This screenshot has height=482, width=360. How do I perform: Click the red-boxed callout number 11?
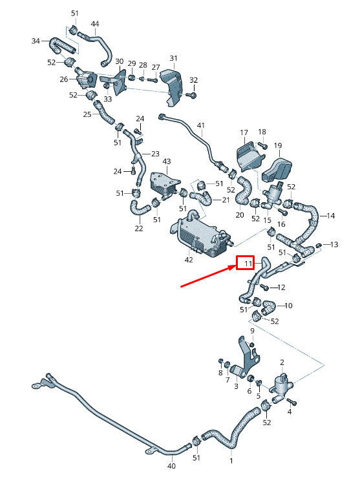pos(248,264)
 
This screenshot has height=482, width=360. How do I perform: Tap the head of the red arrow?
pos(235,267)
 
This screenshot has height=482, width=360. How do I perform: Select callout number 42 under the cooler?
pos(189,260)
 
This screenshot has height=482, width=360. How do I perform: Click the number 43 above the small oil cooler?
pos(167,162)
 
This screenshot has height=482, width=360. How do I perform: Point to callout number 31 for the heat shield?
pos(174,58)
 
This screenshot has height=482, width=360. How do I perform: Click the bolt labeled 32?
pos(193,95)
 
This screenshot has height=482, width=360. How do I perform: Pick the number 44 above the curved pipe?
pos(95,24)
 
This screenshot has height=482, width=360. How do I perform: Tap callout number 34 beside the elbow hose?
pos(36,41)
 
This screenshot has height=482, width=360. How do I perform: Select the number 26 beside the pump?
pos(64,79)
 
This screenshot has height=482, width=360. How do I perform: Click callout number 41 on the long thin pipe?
pos(201,125)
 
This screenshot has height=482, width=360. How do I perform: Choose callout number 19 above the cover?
pos(278,145)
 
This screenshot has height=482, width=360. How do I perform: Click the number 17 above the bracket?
pos(244,132)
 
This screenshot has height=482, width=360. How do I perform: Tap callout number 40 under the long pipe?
pos(171,466)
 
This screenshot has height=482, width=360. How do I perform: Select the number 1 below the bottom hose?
pos(231,461)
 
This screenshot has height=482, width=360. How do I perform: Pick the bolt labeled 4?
pos(291,401)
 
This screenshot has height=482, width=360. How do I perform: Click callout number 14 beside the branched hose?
pos(331,216)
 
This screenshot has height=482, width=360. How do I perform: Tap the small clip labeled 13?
pos(319,245)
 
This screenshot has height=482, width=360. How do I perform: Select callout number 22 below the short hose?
pos(139,228)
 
